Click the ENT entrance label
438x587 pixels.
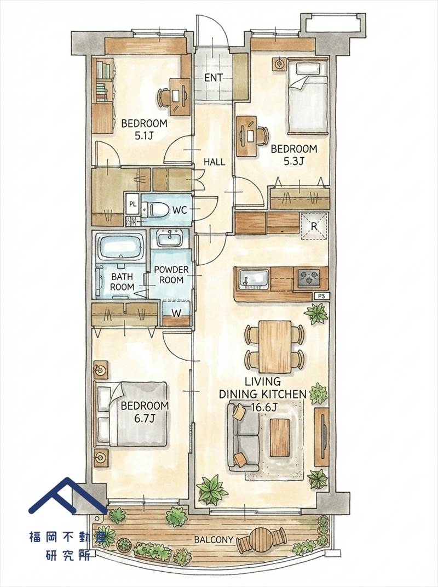214,78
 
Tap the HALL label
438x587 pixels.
214,162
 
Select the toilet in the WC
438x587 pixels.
155,209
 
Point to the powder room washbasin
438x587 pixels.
170,238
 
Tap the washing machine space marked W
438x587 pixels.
176,312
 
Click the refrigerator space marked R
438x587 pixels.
314,226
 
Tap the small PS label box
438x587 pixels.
321,296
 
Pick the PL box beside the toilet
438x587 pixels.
132,204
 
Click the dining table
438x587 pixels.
275,346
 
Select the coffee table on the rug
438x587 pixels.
279,437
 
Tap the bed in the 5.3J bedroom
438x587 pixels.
308,96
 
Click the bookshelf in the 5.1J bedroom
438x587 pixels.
103,81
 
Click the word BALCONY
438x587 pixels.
214,539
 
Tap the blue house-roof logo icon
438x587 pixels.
68,495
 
